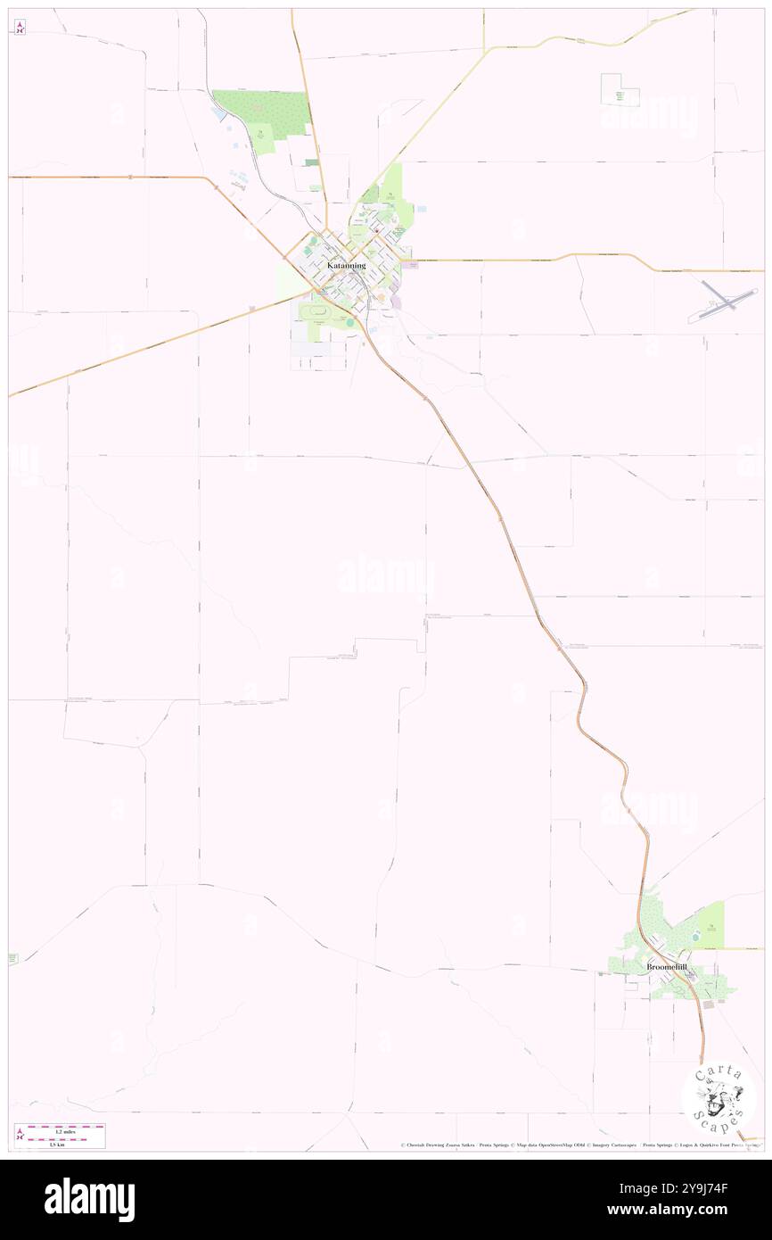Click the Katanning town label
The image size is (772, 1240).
click(346, 265)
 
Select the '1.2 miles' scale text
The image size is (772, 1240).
click(65, 1131)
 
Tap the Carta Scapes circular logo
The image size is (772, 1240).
click(719, 1096)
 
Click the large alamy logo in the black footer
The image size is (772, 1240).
click(89, 1199)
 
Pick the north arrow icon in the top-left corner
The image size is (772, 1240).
click(20, 27)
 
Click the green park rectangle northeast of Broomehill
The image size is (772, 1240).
click(710, 925)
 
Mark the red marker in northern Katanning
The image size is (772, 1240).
click(375, 230)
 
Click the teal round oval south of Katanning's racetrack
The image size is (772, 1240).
click(350, 322)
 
